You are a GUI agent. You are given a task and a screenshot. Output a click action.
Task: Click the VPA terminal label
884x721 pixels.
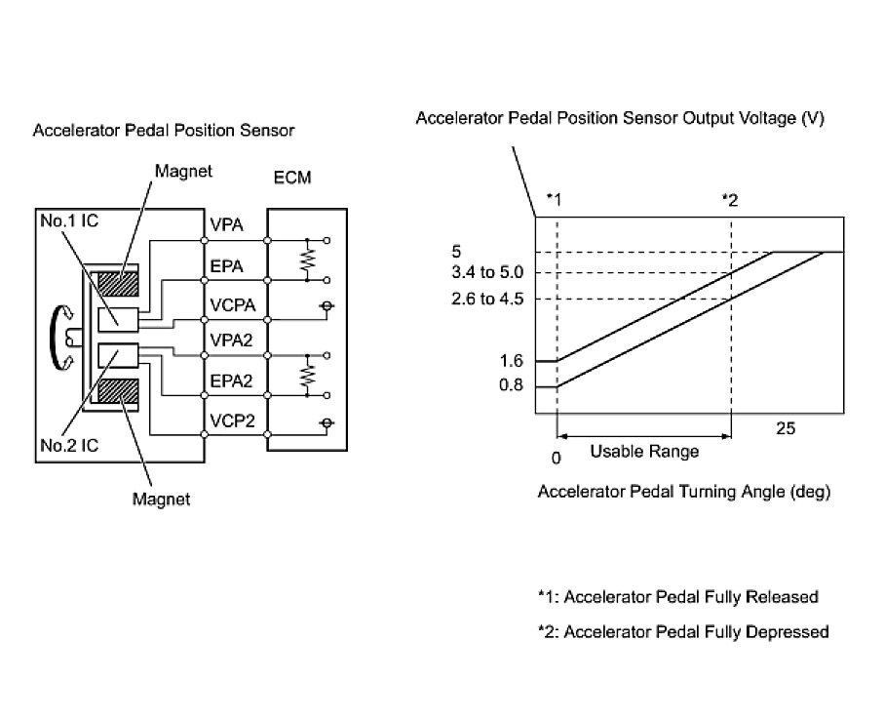pyautogui.click(x=225, y=226)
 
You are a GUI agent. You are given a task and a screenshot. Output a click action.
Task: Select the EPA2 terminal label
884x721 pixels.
pyautogui.click(x=231, y=381)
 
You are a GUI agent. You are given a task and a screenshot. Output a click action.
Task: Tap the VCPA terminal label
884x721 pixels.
pyautogui.click(x=232, y=304)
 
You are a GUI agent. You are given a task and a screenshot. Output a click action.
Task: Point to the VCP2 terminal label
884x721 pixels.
pyautogui.click(x=231, y=421)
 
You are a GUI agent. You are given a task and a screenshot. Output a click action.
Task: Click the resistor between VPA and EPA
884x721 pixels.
pyautogui.click(x=307, y=259)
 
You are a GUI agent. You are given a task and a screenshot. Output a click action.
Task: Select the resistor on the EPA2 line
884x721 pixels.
pyautogui.click(x=307, y=375)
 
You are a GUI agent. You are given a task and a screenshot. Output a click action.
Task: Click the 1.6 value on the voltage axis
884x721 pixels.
pyautogui.click(x=511, y=361)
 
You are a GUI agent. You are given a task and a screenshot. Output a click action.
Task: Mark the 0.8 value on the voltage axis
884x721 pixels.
pyautogui.click(x=511, y=386)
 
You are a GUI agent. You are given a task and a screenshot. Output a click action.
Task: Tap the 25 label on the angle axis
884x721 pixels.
pyautogui.click(x=787, y=427)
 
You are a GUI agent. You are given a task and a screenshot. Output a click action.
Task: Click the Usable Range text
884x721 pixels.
pyautogui.click(x=644, y=453)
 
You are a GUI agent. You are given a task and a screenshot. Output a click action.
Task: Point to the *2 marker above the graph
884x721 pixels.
pyautogui.click(x=730, y=200)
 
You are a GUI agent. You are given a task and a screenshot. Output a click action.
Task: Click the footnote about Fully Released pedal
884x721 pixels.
pyautogui.click(x=677, y=596)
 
